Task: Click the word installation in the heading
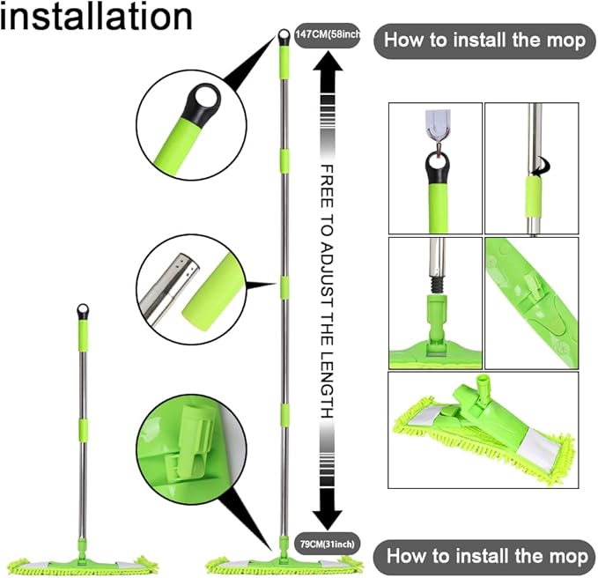96,18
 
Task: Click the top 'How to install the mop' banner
485,41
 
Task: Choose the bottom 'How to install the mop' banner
485,557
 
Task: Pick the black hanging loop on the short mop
83,311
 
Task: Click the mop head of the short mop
83,560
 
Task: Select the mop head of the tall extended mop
284,560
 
